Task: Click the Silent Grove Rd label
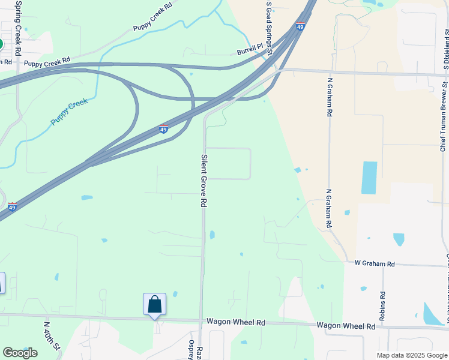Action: click(203, 180)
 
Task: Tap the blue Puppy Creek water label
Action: click(70, 112)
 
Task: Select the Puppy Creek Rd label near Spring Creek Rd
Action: click(47, 59)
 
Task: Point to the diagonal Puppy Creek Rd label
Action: click(152, 17)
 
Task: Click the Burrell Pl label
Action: click(249, 49)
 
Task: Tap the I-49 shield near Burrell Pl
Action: click(300, 26)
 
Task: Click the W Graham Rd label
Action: click(374, 263)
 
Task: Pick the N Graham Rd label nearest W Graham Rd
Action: click(329, 208)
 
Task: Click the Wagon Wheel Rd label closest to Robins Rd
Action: click(346, 326)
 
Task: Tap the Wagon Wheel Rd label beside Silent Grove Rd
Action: click(236, 322)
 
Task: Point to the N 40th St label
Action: click(51, 335)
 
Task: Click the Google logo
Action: click(20, 352)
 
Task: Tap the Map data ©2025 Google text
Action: click(411, 355)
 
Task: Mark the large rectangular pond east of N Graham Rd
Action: click(369, 178)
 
